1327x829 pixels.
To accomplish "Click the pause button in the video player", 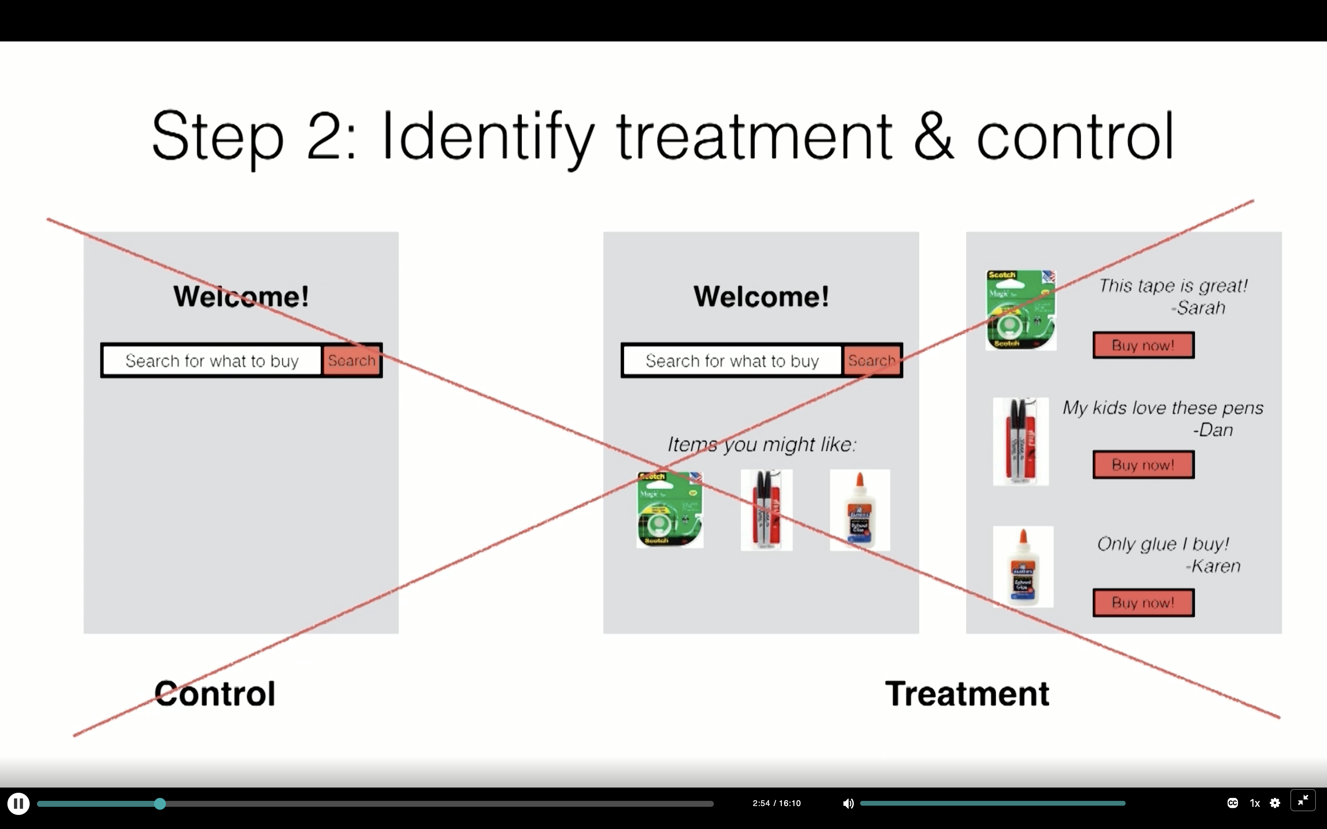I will pyautogui.click(x=18, y=804).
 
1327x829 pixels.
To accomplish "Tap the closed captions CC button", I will pyautogui.click(x=1232, y=803).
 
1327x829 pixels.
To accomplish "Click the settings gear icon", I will pyautogui.click(x=1275, y=803).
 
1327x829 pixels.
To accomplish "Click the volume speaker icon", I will pyautogui.click(x=848, y=804).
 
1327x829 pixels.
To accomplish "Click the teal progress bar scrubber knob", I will pyautogui.click(x=160, y=804).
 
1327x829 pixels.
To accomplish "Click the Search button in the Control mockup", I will pyautogui.click(x=351, y=360).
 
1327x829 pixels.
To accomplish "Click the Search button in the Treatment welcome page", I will pyautogui.click(x=871, y=360).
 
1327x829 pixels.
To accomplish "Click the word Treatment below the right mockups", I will pyautogui.click(x=967, y=694).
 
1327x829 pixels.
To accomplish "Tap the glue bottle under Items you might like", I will pyautogui.click(x=859, y=510).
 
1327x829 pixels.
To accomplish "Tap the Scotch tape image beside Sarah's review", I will pyautogui.click(x=1020, y=311).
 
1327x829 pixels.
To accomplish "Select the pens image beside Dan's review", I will pyautogui.click(x=1020, y=442).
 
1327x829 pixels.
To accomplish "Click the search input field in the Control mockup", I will pyautogui.click(x=212, y=360).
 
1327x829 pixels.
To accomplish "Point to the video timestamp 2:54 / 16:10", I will pyautogui.click(x=776, y=803).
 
